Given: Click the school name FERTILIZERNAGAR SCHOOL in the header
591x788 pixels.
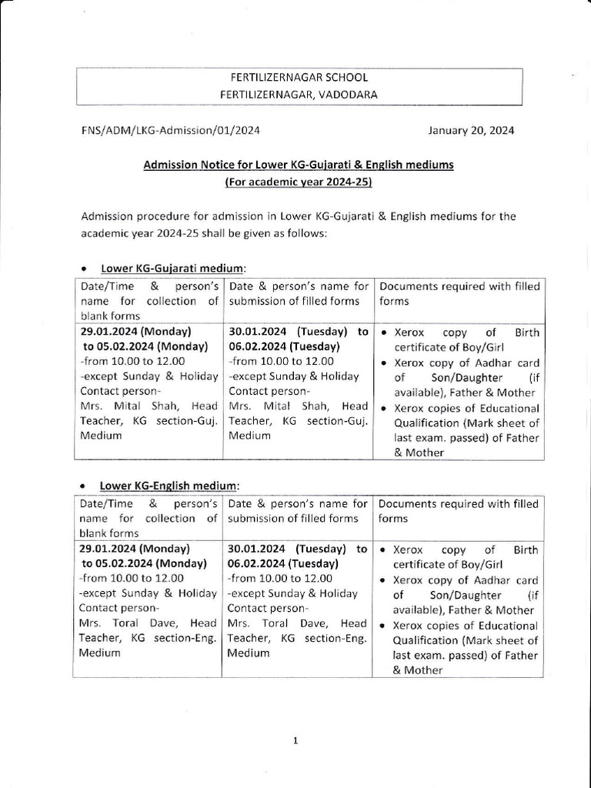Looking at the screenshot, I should click(x=300, y=78).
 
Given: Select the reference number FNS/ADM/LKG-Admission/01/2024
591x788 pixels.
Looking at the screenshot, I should click(x=170, y=130).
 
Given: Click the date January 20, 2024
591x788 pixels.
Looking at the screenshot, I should click(x=471, y=130).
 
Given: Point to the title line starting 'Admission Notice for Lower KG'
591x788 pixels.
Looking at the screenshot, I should click(x=299, y=165).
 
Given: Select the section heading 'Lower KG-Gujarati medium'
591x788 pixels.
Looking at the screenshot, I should click(x=172, y=268).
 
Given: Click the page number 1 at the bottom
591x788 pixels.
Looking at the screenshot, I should click(x=295, y=740).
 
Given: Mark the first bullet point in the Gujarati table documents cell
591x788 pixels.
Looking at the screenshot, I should click(x=384, y=333).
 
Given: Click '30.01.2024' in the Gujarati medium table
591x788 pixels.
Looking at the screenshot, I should click(x=258, y=332).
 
